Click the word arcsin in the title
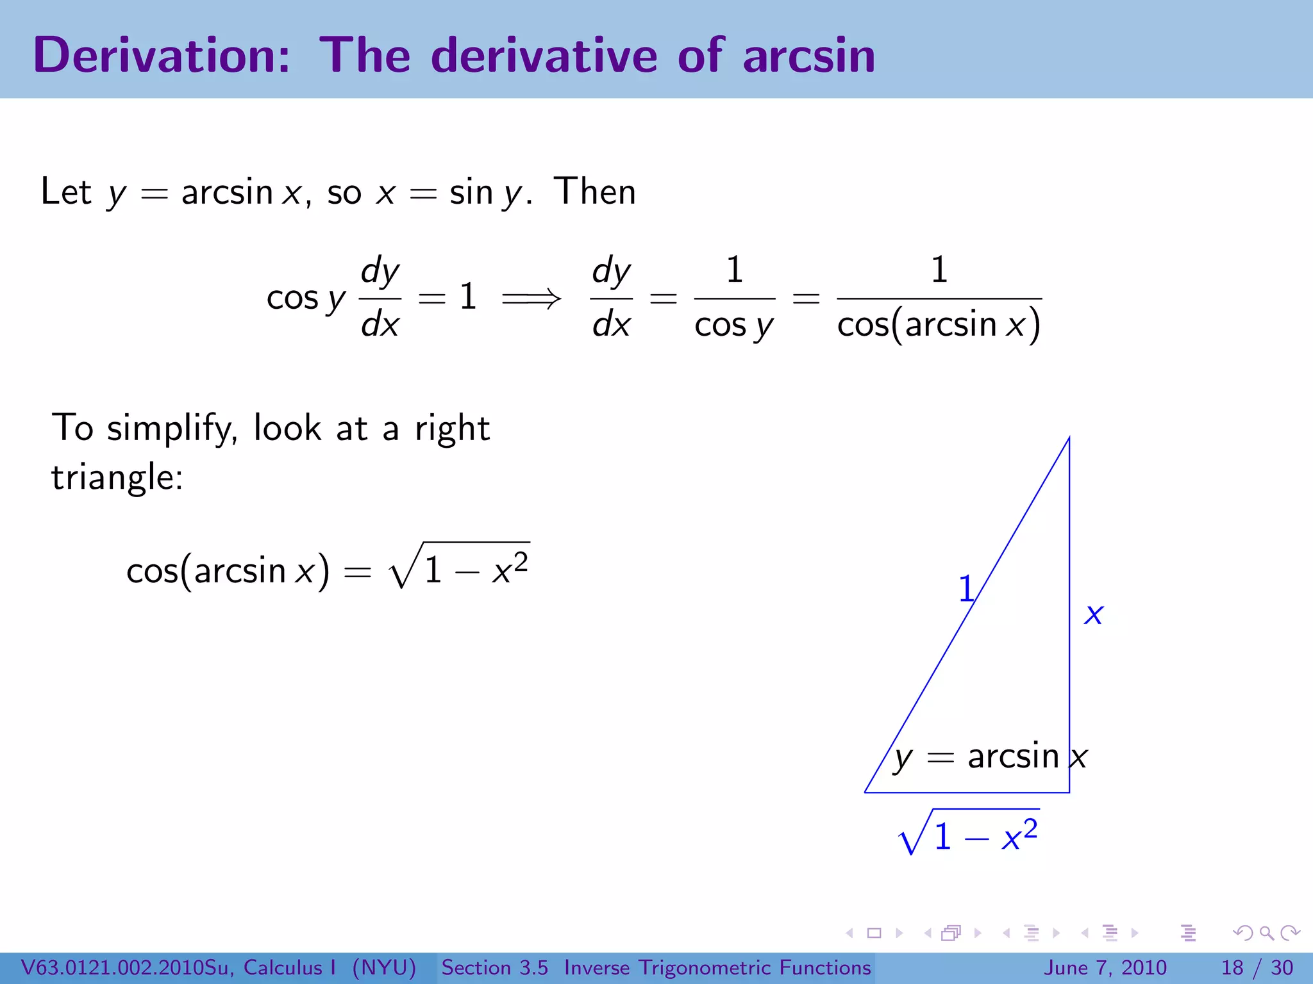point(809,55)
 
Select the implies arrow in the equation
point(531,297)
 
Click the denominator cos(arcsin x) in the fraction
point(939,324)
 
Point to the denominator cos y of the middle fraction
point(734,325)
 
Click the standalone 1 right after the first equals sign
point(468,297)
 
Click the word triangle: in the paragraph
point(117,477)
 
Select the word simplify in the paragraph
point(172,428)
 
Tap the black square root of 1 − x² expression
point(459,566)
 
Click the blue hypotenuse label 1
point(966,588)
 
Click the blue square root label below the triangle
point(969,833)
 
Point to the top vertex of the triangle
point(1069,439)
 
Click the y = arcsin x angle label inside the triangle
point(991,757)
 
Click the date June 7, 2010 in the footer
point(1106,967)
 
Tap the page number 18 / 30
point(1257,967)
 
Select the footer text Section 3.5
point(494,967)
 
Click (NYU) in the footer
point(384,967)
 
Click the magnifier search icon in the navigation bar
point(1266,933)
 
